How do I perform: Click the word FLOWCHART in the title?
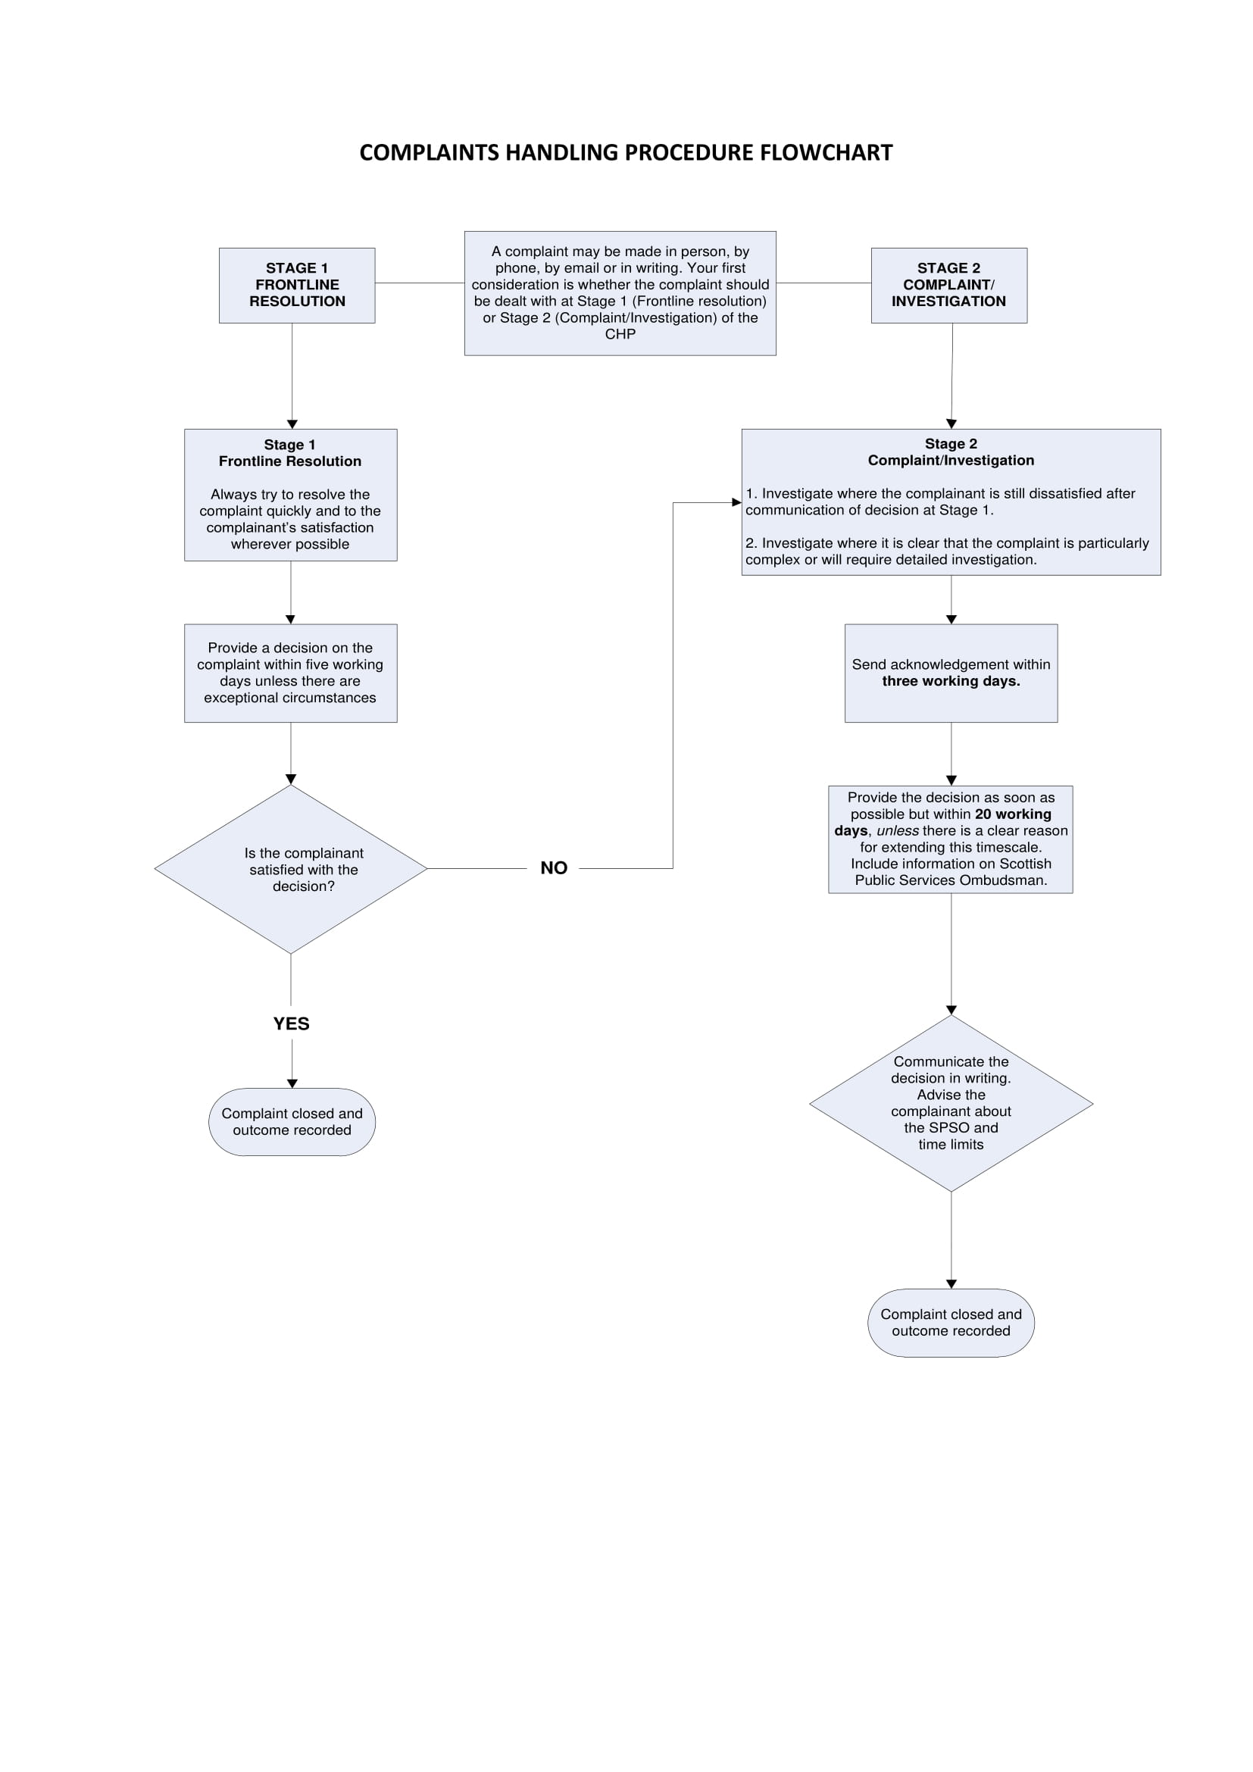point(826,153)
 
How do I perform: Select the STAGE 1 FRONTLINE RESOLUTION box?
point(297,285)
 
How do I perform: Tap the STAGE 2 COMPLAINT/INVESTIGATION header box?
point(948,285)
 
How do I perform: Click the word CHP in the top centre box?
point(620,334)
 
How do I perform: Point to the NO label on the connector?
point(553,868)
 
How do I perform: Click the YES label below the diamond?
point(291,1024)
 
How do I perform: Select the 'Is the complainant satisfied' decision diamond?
point(291,869)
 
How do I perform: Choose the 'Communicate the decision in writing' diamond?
point(951,1103)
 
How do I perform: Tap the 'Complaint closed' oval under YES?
point(292,1121)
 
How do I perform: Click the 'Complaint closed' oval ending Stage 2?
point(951,1322)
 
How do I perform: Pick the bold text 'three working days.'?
point(951,682)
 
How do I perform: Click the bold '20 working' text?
point(1012,814)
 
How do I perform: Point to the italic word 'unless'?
point(896,831)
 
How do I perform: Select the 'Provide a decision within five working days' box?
point(290,673)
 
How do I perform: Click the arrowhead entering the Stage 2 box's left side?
point(736,502)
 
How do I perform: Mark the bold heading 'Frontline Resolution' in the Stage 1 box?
point(289,461)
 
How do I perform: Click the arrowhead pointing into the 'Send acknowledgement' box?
point(951,619)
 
